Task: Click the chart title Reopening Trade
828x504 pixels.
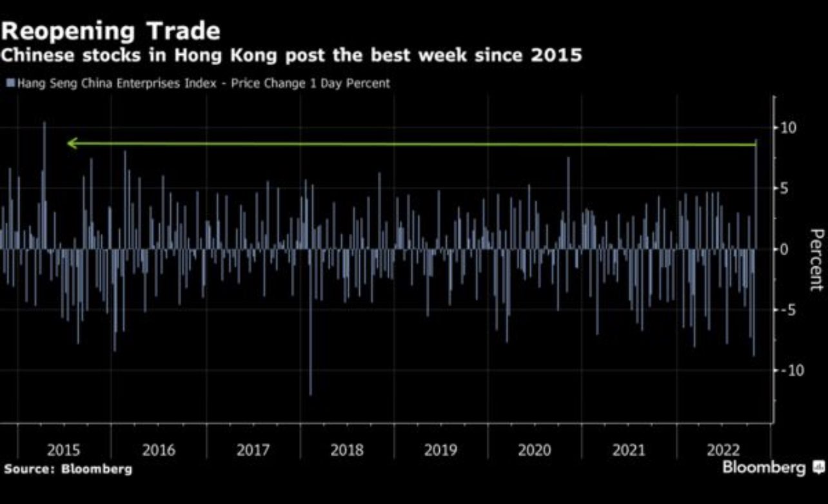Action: coord(111,31)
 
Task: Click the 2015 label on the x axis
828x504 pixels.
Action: coord(64,450)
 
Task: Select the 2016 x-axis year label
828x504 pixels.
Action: coord(159,450)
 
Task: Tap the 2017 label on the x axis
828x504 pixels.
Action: coord(253,450)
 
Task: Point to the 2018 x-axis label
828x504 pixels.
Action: coord(347,450)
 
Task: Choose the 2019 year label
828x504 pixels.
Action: coord(441,450)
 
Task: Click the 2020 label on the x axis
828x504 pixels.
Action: coord(535,450)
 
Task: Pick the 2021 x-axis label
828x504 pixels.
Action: coord(629,450)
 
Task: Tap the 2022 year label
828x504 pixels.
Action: coord(723,450)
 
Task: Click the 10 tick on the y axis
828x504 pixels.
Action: coord(788,128)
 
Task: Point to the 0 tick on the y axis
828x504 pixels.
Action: coord(784,249)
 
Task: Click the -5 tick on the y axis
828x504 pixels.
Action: coord(787,309)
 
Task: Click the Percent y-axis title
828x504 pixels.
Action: coord(816,259)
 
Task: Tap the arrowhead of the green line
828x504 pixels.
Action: coord(72,144)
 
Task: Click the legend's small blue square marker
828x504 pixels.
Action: coord(10,83)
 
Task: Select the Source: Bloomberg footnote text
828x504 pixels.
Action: coord(68,469)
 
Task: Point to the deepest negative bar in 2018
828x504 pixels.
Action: coord(310,387)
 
